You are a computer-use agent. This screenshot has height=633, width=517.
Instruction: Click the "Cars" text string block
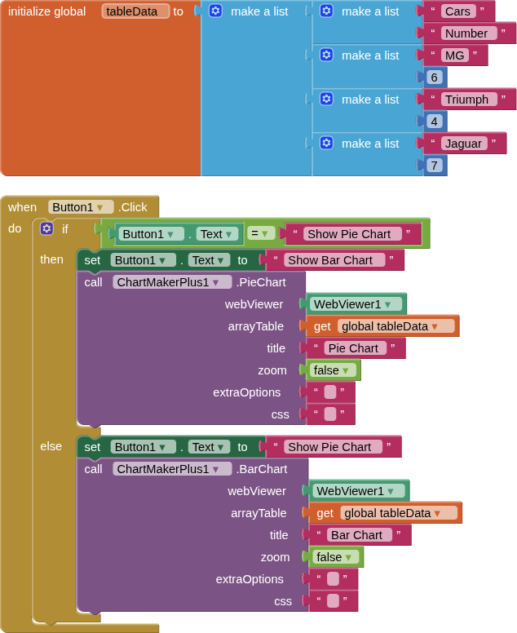click(457, 11)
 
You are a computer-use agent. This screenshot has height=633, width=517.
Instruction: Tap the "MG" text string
click(453, 55)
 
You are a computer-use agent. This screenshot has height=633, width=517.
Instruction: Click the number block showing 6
click(434, 77)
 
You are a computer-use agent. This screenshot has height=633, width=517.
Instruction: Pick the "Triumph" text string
click(466, 100)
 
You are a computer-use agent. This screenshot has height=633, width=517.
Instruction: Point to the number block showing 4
click(434, 122)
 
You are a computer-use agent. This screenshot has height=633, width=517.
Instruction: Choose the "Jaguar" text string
click(464, 144)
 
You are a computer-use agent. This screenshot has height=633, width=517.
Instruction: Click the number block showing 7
click(434, 166)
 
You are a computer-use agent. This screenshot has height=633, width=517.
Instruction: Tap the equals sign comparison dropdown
click(259, 234)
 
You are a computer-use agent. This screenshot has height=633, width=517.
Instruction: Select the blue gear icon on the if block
click(46, 229)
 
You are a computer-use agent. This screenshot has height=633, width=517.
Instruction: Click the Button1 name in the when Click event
click(79, 207)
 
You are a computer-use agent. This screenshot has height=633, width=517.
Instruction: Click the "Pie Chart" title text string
click(352, 348)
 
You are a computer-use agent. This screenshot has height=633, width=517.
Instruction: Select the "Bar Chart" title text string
click(356, 535)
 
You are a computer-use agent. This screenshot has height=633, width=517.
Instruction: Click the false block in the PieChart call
click(331, 370)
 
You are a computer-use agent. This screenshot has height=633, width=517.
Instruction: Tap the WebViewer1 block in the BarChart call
click(357, 491)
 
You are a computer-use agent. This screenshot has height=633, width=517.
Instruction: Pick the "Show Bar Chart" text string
click(329, 260)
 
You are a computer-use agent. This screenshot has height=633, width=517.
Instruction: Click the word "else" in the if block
click(51, 446)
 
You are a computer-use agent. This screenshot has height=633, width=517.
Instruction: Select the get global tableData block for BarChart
click(384, 513)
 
